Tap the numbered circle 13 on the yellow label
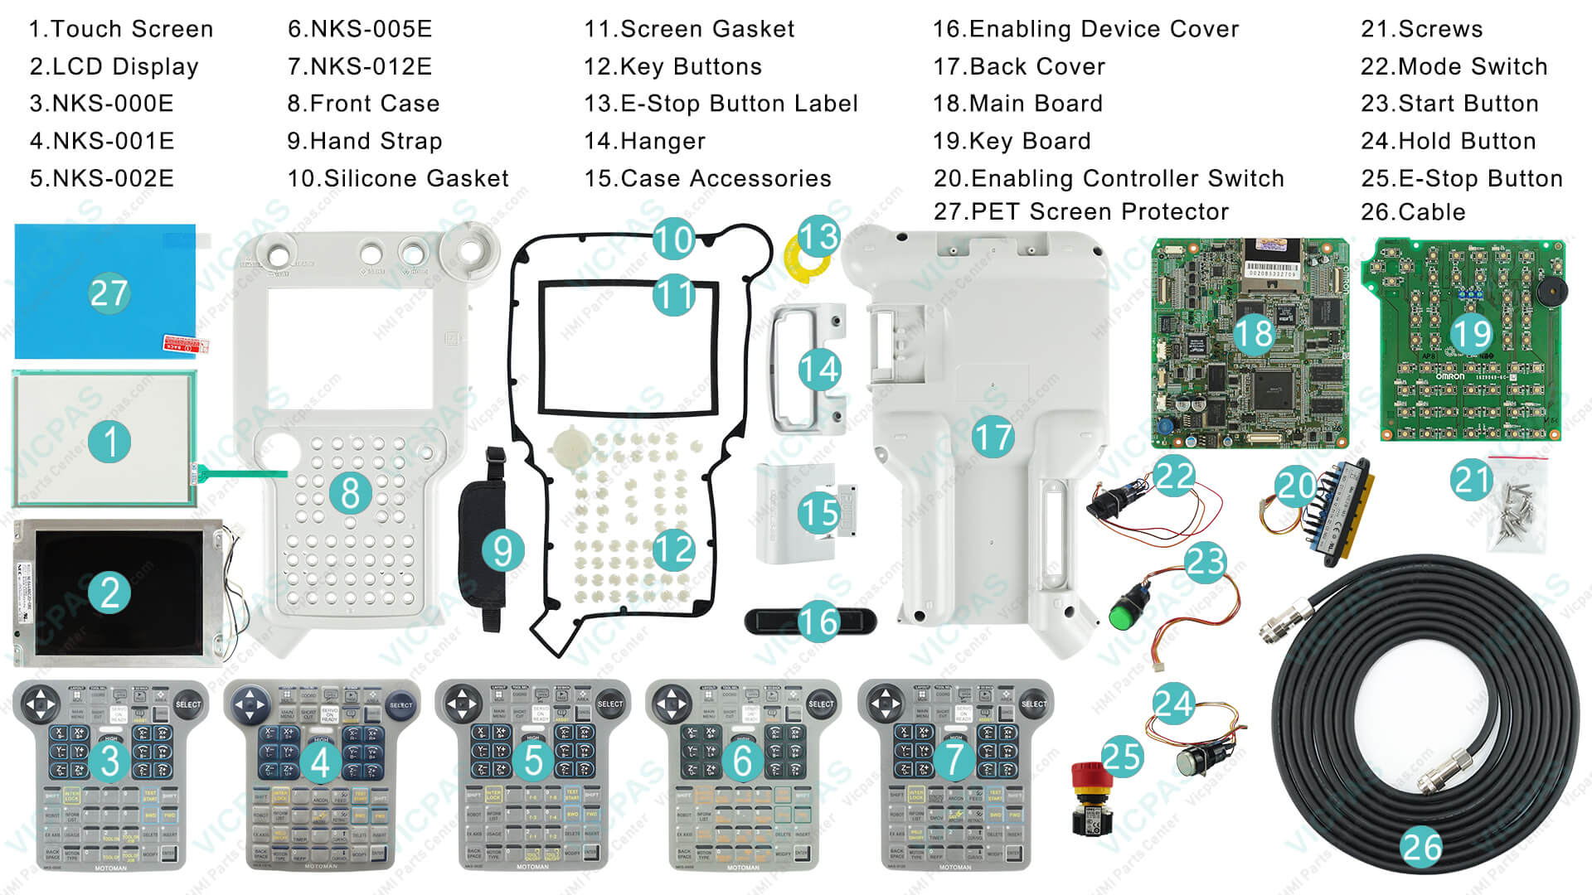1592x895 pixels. pyautogui.click(x=818, y=237)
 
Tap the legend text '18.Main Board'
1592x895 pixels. pyautogui.click(x=1017, y=104)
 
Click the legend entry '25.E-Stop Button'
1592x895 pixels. pyautogui.click(x=1461, y=178)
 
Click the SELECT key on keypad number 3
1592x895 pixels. pyautogui.click(x=188, y=704)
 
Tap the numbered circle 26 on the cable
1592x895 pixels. pyautogui.click(x=1421, y=847)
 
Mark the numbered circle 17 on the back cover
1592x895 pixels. pyautogui.click(x=993, y=437)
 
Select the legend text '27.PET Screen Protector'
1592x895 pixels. pyautogui.click(x=1080, y=212)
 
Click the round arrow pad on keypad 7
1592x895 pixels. pyautogui.click(x=886, y=704)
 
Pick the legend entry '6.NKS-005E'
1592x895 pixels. pyautogui.click(x=359, y=29)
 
